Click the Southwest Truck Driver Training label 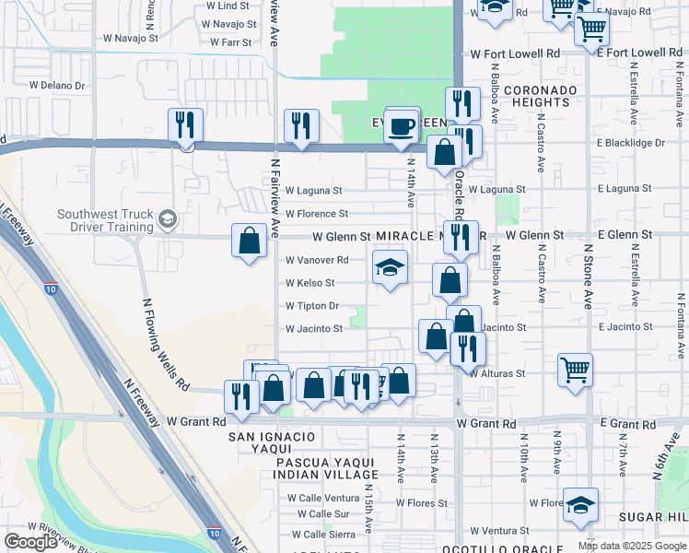105,220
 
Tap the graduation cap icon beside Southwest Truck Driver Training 167,219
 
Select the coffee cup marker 402,127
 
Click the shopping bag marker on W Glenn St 249,241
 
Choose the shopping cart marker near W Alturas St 575,371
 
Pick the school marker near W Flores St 582,505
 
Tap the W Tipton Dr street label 312,306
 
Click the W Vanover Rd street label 317,261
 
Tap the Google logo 30,542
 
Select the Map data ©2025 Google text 631,546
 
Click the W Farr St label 231,42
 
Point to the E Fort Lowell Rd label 638,53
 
